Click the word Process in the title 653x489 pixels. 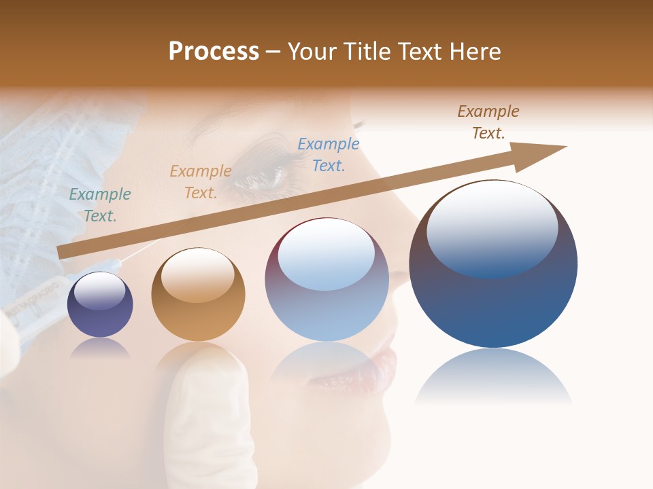coord(214,52)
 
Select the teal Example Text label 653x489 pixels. coord(100,205)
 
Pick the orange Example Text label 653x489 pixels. coord(201,182)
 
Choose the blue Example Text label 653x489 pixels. coord(329,155)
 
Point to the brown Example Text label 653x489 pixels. coord(488,122)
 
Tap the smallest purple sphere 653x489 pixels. coord(100,305)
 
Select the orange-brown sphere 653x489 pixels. coord(198,294)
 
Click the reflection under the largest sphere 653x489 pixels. coord(493,378)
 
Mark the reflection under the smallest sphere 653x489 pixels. coord(100,348)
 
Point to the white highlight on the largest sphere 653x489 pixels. coord(492,228)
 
